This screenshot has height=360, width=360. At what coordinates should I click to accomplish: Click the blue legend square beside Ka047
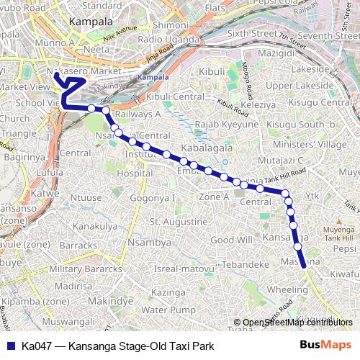point(11,345)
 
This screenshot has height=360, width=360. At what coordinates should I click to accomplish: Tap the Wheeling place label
point(287,289)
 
